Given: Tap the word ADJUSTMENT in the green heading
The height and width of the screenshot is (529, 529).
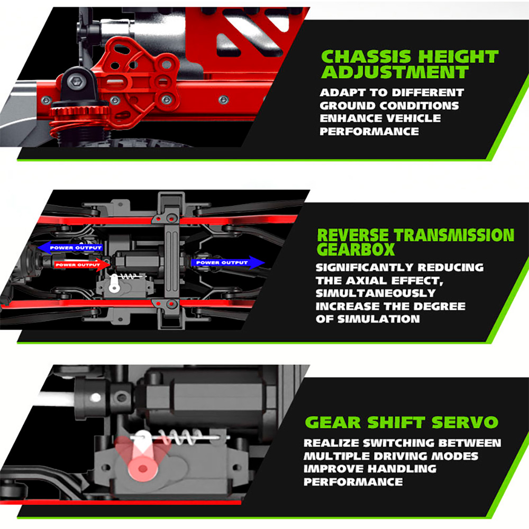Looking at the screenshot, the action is click(395, 72).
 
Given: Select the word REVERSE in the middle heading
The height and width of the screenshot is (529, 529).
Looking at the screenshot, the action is click(353, 235).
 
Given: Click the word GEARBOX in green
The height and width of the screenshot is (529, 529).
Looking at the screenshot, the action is click(355, 250).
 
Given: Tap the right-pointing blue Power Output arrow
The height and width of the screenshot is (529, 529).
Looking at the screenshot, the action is click(227, 262).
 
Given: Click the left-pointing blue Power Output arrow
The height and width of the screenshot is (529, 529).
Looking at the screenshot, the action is click(70, 248).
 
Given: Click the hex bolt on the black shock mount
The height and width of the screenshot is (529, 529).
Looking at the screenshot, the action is click(75, 81).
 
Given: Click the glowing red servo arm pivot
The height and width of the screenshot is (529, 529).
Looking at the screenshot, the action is click(143, 469).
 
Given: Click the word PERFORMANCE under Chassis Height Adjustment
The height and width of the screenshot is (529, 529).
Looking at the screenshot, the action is click(369, 131).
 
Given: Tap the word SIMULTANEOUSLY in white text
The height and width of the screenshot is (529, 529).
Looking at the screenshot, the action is click(376, 293).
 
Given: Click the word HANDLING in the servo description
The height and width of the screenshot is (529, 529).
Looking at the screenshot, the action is click(402, 469).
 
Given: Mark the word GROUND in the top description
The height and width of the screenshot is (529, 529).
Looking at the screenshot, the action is click(348, 106).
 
